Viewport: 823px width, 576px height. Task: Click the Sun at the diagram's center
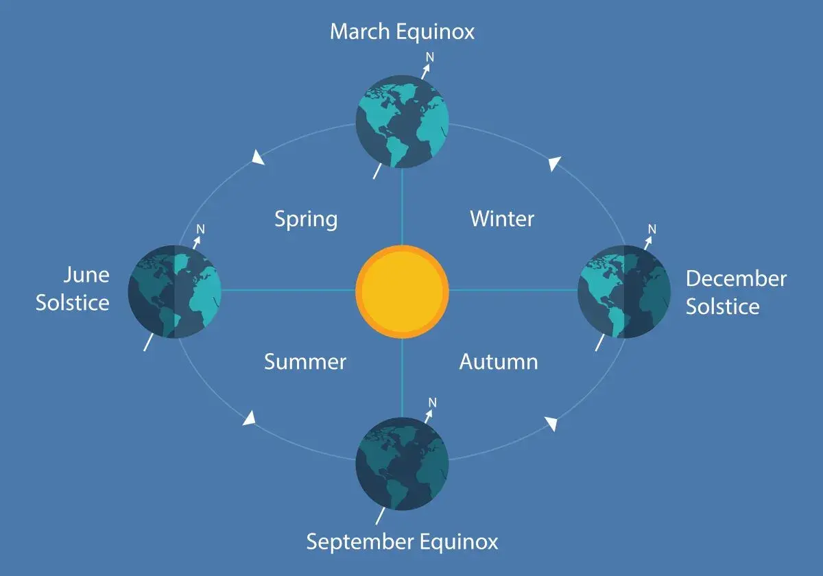402,290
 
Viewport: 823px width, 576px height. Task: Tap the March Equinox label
402,32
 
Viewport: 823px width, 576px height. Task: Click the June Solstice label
73,289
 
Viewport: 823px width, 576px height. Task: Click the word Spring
306,219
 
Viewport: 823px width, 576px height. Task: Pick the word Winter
502,219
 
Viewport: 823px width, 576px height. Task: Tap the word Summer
305,361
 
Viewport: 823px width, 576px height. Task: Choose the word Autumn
498,361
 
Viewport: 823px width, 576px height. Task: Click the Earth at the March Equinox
402,122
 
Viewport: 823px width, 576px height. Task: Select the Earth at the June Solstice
174,291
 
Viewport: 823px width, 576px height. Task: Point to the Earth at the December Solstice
624,291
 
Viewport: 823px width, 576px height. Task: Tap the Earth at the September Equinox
402,463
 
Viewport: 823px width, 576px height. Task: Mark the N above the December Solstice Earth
652,228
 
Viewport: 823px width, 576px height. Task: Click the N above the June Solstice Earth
201,228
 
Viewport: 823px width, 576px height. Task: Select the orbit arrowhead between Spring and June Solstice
258,158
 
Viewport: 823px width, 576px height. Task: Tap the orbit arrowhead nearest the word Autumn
551,423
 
